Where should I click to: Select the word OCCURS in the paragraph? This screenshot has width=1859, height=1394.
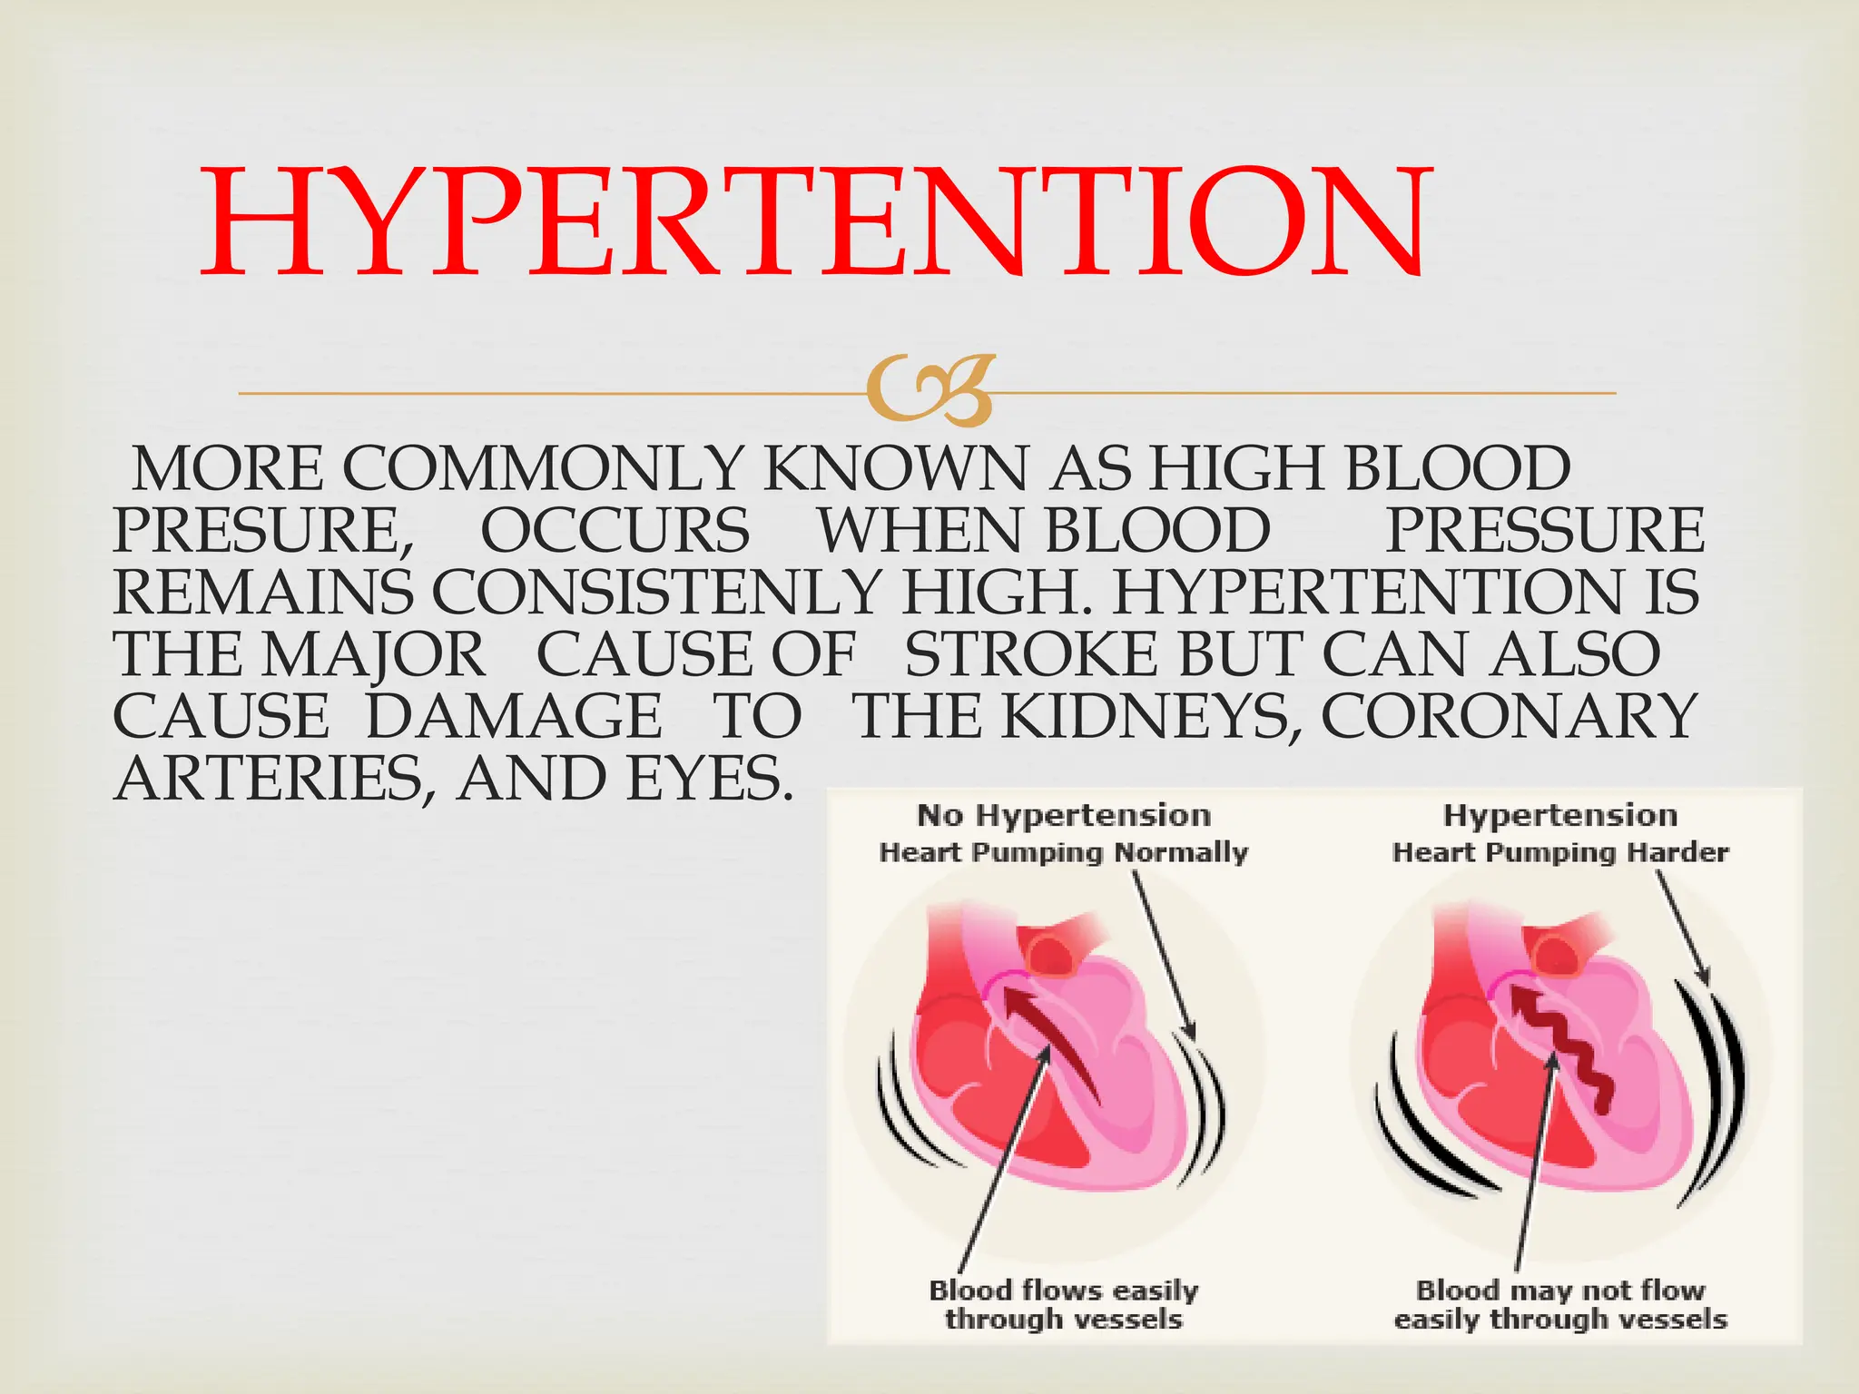(x=615, y=530)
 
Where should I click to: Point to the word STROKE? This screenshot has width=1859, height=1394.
(x=1031, y=654)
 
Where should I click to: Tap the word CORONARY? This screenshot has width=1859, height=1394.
(x=1508, y=716)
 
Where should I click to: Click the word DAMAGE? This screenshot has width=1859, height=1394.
(x=514, y=716)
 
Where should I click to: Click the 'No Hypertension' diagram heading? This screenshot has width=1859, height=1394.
(x=1064, y=815)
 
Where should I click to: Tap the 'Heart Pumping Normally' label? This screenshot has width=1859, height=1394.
(x=1064, y=852)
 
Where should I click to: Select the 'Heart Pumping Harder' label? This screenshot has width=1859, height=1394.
(x=1560, y=852)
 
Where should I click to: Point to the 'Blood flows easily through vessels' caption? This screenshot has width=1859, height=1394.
(x=1064, y=1304)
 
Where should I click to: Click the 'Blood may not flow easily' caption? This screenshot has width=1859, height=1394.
(x=1560, y=1304)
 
